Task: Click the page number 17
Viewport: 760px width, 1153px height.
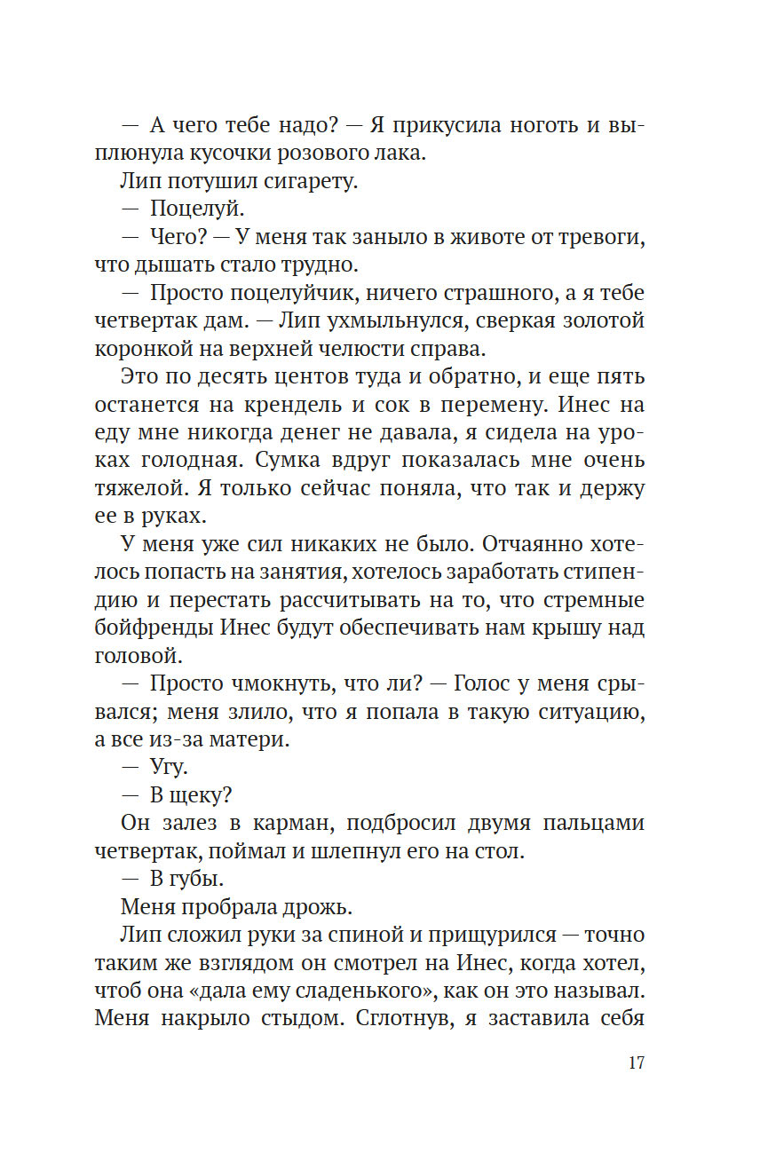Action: [636, 1063]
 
